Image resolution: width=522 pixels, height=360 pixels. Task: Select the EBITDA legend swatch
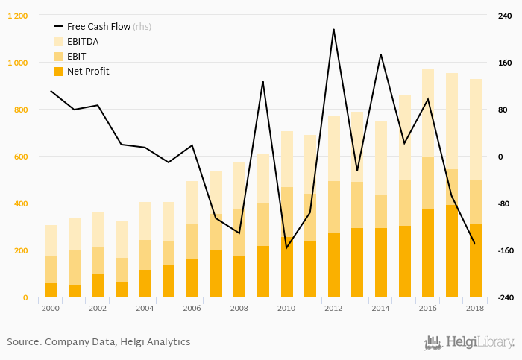pos(57,42)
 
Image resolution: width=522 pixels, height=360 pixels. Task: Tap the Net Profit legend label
pos(88,72)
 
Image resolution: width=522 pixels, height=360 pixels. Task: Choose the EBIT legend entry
pos(77,57)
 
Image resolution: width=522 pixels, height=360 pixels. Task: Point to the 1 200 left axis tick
pos(17,16)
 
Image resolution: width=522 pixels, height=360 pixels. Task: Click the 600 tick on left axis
pos(19,157)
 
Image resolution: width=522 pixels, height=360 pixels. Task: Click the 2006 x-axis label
pos(192,308)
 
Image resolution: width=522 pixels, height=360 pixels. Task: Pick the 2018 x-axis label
pos(475,308)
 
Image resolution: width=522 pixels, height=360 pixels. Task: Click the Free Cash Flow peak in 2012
pos(333,29)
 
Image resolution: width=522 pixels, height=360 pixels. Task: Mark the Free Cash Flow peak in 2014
pos(381,54)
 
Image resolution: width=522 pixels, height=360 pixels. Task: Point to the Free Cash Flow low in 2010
pos(287,247)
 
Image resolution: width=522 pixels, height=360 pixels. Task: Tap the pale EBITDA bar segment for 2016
pos(428,113)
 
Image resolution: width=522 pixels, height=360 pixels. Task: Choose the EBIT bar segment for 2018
pos(475,202)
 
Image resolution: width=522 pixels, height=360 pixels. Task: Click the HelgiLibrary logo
pos(469,342)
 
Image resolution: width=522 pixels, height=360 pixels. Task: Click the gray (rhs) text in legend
pos(142,26)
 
